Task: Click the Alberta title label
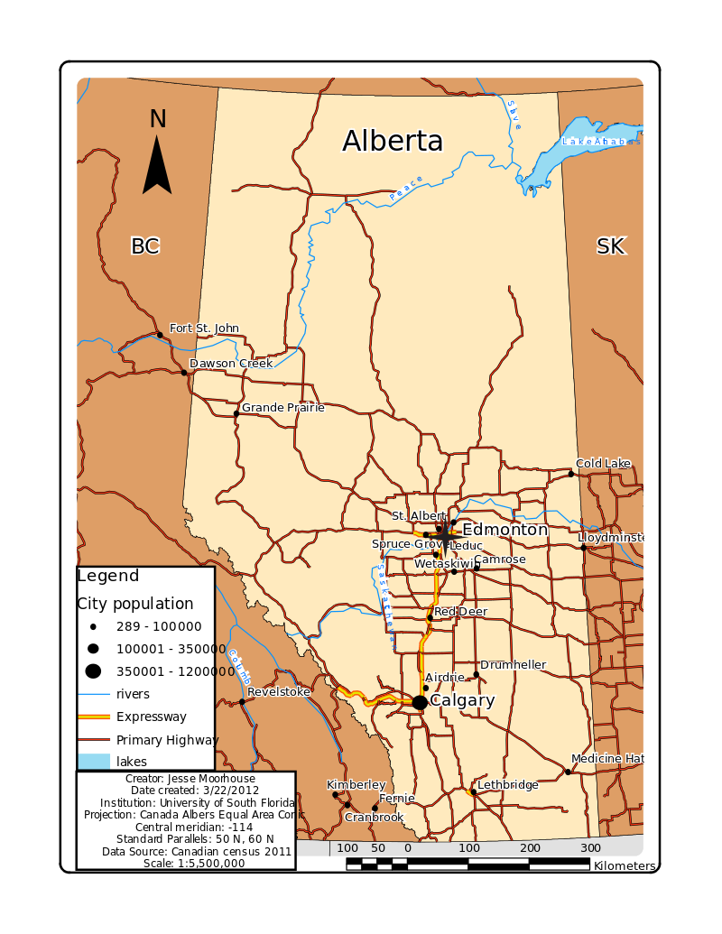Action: [393, 142]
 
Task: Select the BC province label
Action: [144, 245]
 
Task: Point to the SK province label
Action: [611, 245]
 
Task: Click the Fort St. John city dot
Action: [161, 335]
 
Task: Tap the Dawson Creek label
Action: [231, 364]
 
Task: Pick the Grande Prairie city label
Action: [282, 407]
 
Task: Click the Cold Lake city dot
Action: [571, 473]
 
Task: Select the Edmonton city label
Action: [504, 530]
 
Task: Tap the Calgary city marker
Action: [420, 702]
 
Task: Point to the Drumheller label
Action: [513, 665]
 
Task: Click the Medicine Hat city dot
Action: [568, 771]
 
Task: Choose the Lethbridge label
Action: [507, 785]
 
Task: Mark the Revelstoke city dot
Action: [242, 701]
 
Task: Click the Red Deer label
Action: [460, 612]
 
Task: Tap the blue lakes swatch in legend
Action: [93, 762]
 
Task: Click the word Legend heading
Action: [108, 576]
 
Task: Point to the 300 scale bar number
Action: [590, 848]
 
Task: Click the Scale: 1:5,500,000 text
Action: [194, 863]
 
